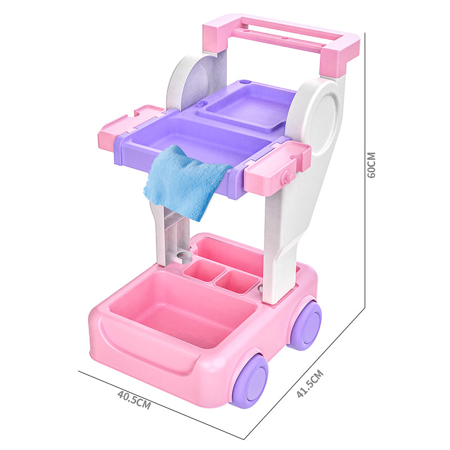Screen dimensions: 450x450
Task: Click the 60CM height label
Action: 371,165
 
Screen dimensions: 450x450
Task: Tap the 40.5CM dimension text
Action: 134,399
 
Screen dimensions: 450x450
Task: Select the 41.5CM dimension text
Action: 310,384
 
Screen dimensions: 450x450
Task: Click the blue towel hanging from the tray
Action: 185,182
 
